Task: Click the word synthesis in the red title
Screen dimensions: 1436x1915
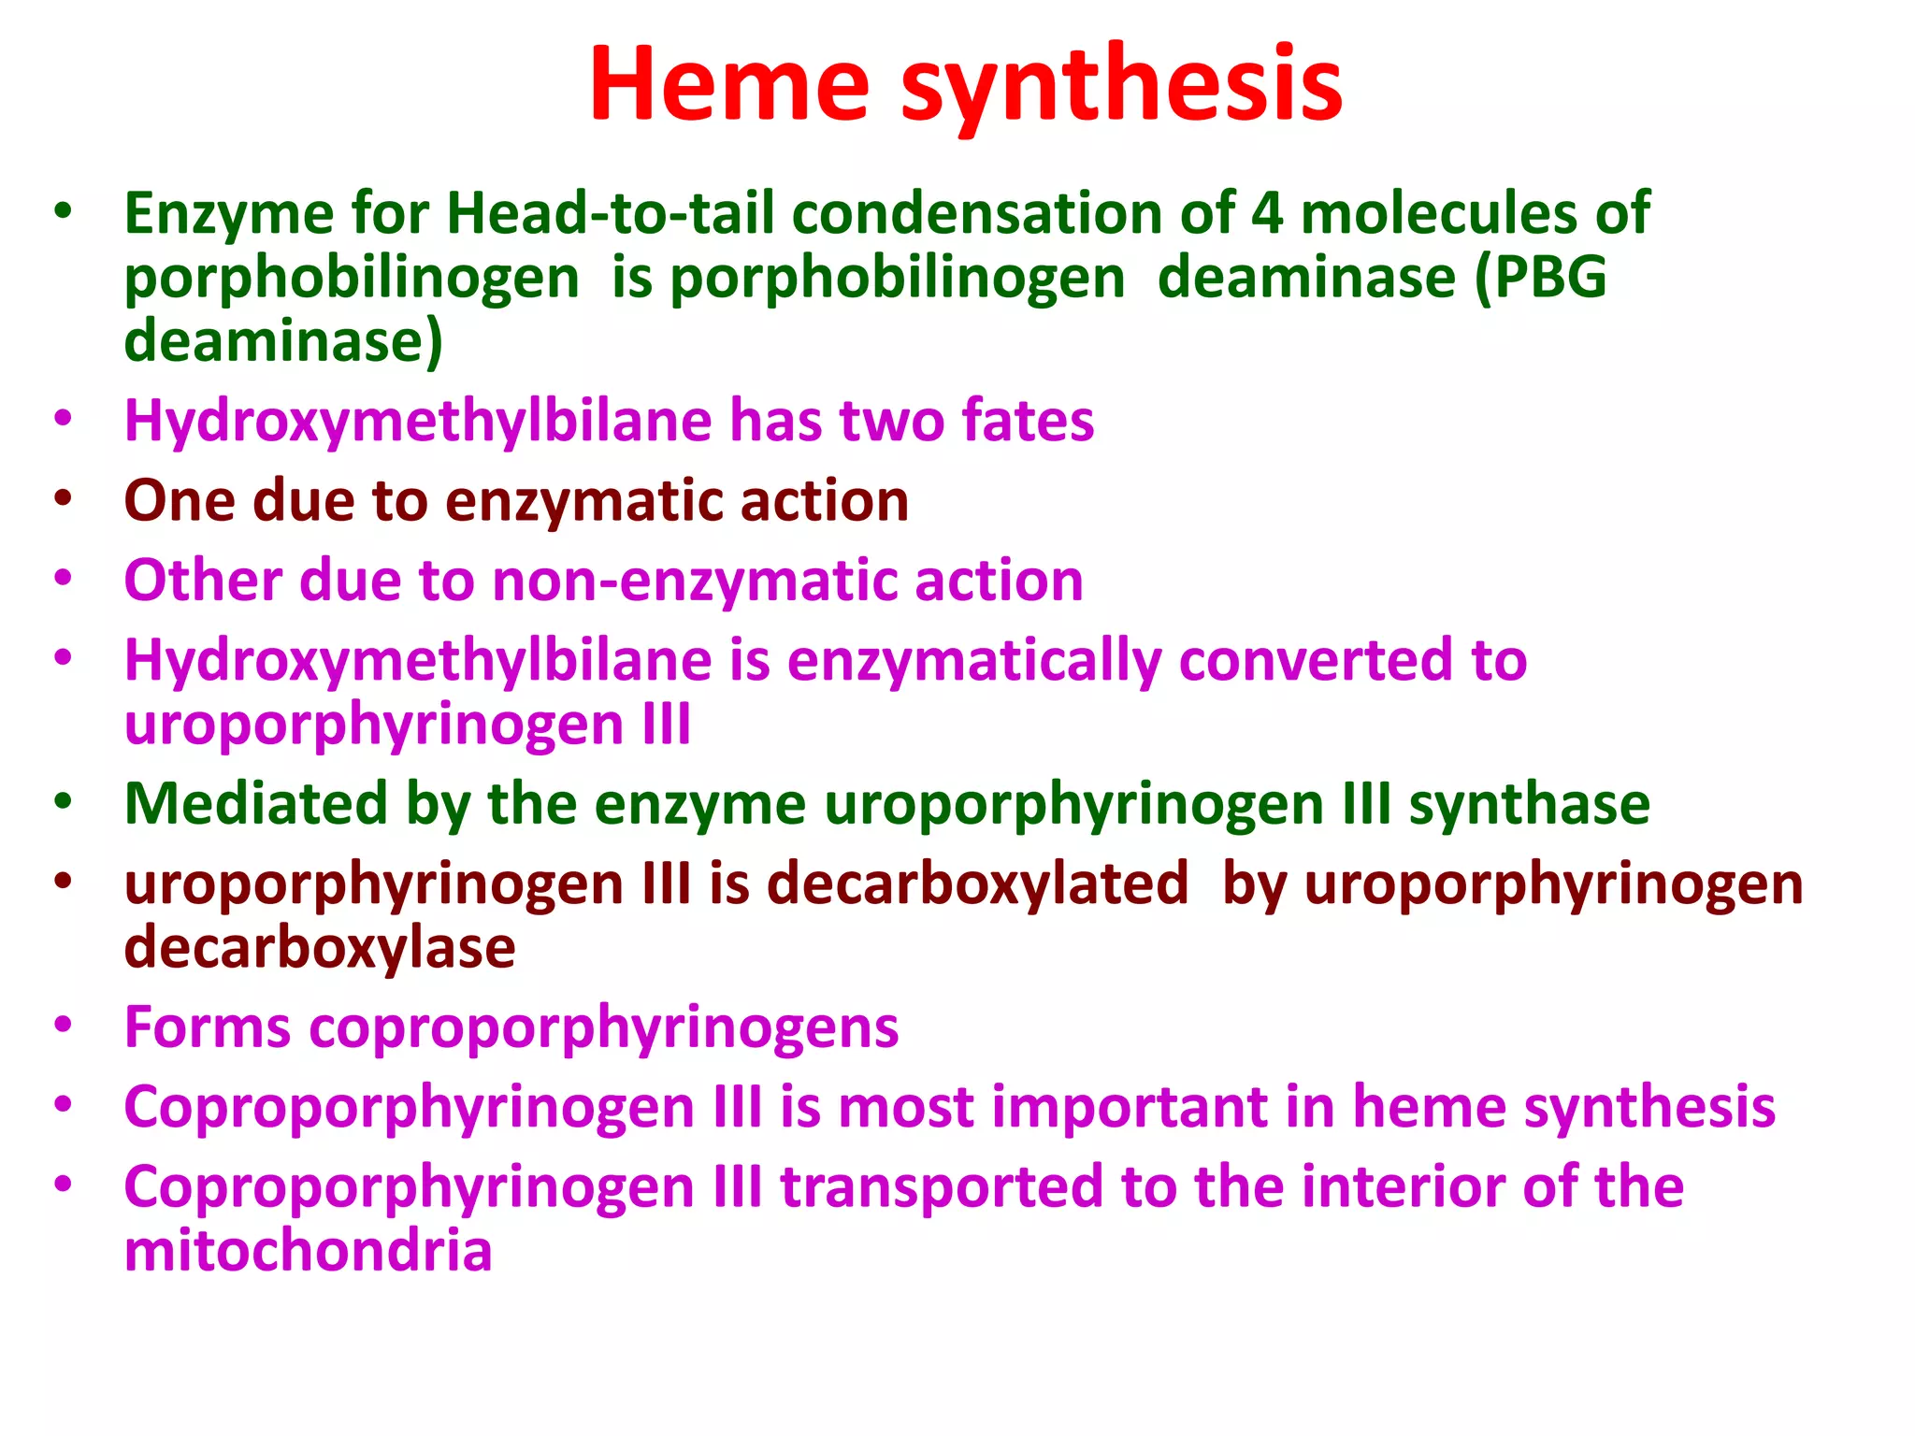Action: point(1121,86)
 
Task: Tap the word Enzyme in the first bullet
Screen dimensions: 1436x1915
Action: point(228,214)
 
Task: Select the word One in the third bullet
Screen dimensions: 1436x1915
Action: point(179,500)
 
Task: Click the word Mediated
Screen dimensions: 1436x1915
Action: point(255,804)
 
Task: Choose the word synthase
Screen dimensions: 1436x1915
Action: point(1529,804)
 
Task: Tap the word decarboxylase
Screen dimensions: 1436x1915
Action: point(320,948)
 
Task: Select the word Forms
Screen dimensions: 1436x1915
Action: point(208,1027)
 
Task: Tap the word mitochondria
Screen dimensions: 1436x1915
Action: point(308,1251)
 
